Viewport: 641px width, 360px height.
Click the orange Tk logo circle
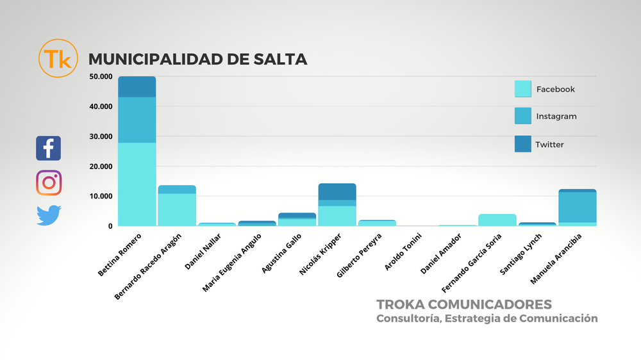pyautogui.click(x=58, y=59)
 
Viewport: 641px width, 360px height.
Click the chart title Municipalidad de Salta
pyautogui.click(x=197, y=60)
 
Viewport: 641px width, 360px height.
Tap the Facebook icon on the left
pyautogui.click(x=49, y=148)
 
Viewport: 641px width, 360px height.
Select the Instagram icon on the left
pyautogui.click(x=49, y=183)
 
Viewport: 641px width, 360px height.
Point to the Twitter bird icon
pyautogui.click(x=49, y=215)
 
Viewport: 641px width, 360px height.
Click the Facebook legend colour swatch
pyautogui.click(x=522, y=89)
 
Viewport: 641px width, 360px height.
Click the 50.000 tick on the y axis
pyautogui.click(x=101, y=77)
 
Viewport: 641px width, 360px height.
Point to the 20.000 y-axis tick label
pyautogui.click(x=101, y=167)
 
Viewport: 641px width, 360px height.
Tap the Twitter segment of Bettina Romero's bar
pyautogui.click(x=137, y=86)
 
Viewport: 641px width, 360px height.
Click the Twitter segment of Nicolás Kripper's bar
pyautogui.click(x=337, y=192)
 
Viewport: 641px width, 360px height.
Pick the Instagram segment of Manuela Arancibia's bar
pyautogui.click(x=578, y=207)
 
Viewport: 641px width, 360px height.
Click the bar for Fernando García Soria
pyautogui.click(x=497, y=220)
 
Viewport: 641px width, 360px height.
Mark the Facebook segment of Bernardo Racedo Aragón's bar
pyautogui.click(x=177, y=209)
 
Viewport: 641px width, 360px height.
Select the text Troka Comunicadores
pyautogui.click(x=464, y=304)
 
